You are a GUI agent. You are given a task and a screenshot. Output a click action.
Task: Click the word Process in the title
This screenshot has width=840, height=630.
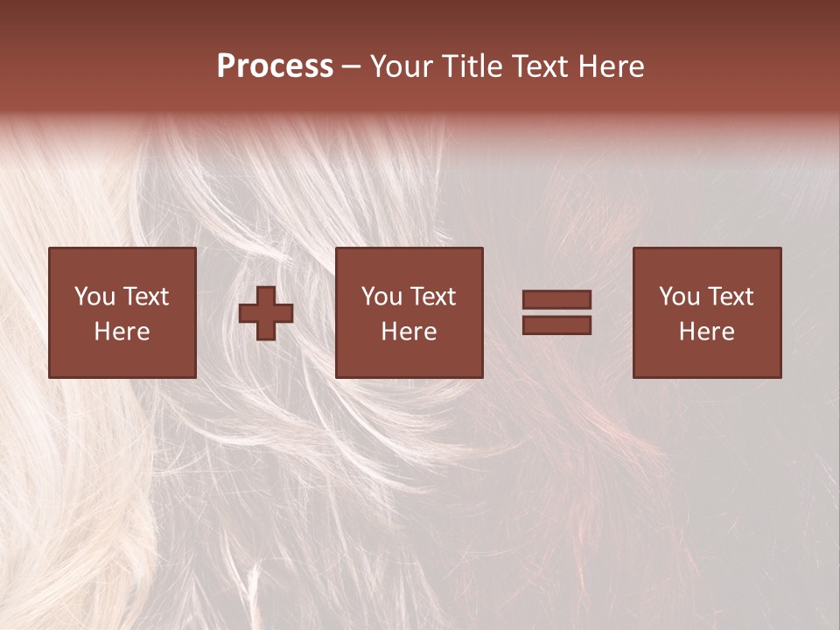[x=275, y=66]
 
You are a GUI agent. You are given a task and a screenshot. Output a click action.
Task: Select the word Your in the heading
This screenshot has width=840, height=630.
[x=401, y=66]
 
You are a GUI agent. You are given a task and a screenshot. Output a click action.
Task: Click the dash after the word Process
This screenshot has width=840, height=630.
[x=351, y=67]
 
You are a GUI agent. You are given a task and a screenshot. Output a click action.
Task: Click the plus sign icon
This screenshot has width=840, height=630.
[x=266, y=313]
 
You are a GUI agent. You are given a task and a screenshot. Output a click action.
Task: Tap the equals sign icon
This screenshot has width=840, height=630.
[x=556, y=313]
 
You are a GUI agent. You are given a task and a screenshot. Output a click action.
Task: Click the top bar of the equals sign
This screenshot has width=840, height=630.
[x=556, y=300]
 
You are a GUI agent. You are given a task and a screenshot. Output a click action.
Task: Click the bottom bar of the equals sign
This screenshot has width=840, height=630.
[x=556, y=325]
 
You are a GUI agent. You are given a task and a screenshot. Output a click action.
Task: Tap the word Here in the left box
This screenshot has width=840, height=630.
[x=122, y=332]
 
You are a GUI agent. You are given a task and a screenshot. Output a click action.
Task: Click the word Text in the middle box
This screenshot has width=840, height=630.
[x=433, y=297]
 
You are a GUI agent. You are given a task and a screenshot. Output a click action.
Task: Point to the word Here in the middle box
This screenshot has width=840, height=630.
[x=409, y=332]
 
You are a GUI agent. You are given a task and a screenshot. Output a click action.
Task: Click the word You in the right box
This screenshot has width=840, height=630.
[x=679, y=297]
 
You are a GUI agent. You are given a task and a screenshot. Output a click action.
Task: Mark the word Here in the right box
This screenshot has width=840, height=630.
[x=706, y=332]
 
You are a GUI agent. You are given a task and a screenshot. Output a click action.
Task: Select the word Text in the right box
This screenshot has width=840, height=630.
[x=731, y=297]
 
